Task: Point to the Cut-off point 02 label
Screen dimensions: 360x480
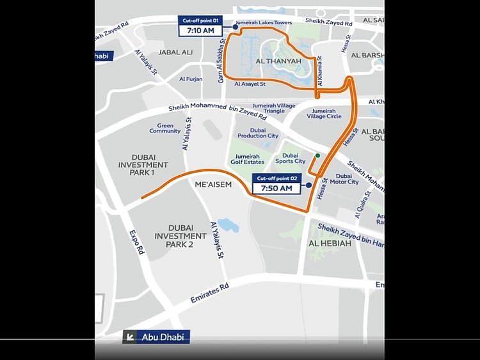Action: [x=276, y=178]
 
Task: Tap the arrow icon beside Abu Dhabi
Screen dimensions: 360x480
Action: [x=130, y=337]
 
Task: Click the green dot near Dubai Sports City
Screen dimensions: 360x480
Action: [x=317, y=155]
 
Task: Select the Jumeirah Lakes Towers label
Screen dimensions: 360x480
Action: [x=259, y=23]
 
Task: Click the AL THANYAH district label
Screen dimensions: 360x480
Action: [x=278, y=61]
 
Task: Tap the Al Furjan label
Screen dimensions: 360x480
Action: [x=191, y=79]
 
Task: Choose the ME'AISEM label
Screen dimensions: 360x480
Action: [x=213, y=184]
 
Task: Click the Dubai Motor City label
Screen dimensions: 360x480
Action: [x=344, y=179]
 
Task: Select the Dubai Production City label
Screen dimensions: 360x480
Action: [x=258, y=133]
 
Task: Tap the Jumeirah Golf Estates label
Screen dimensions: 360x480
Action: [x=247, y=159]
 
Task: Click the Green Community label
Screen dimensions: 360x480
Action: [x=165, y=129]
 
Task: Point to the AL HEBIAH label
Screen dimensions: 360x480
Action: [x=330, y=244]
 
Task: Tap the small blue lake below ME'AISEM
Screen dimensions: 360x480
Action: [x=228, y=224]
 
